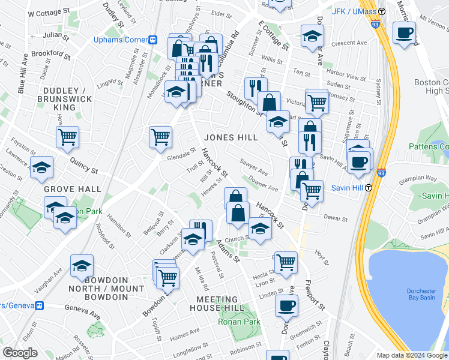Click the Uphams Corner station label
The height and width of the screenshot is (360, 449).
121,40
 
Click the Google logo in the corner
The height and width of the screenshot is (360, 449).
20,352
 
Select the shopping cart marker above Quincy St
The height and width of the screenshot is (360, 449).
68,137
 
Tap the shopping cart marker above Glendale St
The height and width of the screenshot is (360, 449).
161,136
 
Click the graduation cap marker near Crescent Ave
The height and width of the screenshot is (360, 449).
312,37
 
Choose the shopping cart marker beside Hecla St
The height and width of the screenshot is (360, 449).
286,261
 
